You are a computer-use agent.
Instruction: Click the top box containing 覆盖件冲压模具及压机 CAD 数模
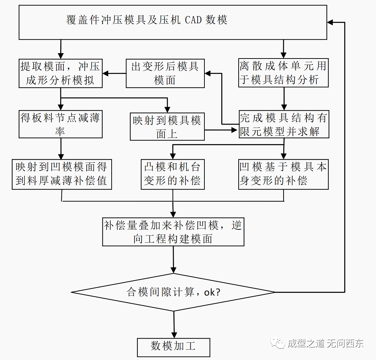[x=173, y=22]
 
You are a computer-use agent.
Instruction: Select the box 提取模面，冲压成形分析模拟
[x=60, y=73]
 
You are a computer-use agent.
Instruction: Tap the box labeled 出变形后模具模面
[x=165, y=73]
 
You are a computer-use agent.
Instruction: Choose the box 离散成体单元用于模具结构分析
[x=283, y=73]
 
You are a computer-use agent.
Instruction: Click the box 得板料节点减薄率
[x=60, y=124]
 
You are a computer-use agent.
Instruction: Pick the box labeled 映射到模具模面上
[x=167, y=127]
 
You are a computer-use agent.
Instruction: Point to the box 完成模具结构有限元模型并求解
[x=283, y=124]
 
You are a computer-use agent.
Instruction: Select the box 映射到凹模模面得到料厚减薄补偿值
[x=61, y=174]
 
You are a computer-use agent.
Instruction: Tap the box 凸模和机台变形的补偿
[x=172, y=174]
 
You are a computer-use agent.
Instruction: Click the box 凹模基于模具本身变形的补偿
[x=283, y=174]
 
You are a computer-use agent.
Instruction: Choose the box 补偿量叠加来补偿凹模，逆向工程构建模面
[x=173, y=232]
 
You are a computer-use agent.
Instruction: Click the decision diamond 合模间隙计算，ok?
[x=173, y=292]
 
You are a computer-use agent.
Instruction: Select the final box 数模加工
[x=173, y=347]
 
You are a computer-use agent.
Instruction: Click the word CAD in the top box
[x=193, y=20]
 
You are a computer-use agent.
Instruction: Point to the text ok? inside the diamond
[x=212, y=293]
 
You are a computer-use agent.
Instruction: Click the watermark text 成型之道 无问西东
[x=325, y=344]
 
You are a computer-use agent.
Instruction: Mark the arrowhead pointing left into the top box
[x=331, y=22]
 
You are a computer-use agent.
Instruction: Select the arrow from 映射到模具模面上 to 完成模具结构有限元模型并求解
[x=221, y=130]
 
